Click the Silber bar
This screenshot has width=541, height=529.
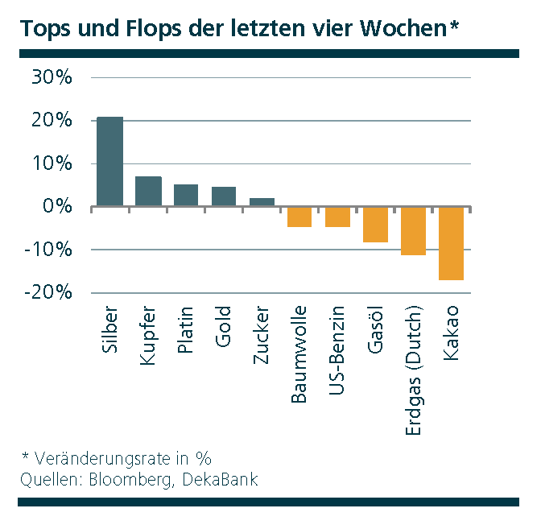(x=109, y=161)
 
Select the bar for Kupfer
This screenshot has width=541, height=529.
(x=148, y=191)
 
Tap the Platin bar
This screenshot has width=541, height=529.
(x=186, y=195)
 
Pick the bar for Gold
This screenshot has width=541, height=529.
(x=224, y=196)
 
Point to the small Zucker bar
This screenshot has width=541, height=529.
(x=262, y=201)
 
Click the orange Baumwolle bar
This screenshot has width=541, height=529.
(x=299, y=217)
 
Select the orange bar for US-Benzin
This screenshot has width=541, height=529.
(x=337, y=217)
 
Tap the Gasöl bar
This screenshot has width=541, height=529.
(x=375, y=224)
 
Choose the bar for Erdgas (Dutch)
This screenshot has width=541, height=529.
(x=413, y=230)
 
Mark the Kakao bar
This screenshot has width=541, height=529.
(x=451, y=243)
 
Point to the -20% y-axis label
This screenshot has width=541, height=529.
(x=49, y=292)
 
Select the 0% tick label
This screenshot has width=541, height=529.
(x=58, y=207)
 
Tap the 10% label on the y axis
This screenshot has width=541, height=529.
(x=53, y=164)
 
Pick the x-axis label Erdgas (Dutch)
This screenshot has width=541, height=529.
(x=414, y=371)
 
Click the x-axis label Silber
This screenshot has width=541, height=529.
(x=110, y=331)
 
